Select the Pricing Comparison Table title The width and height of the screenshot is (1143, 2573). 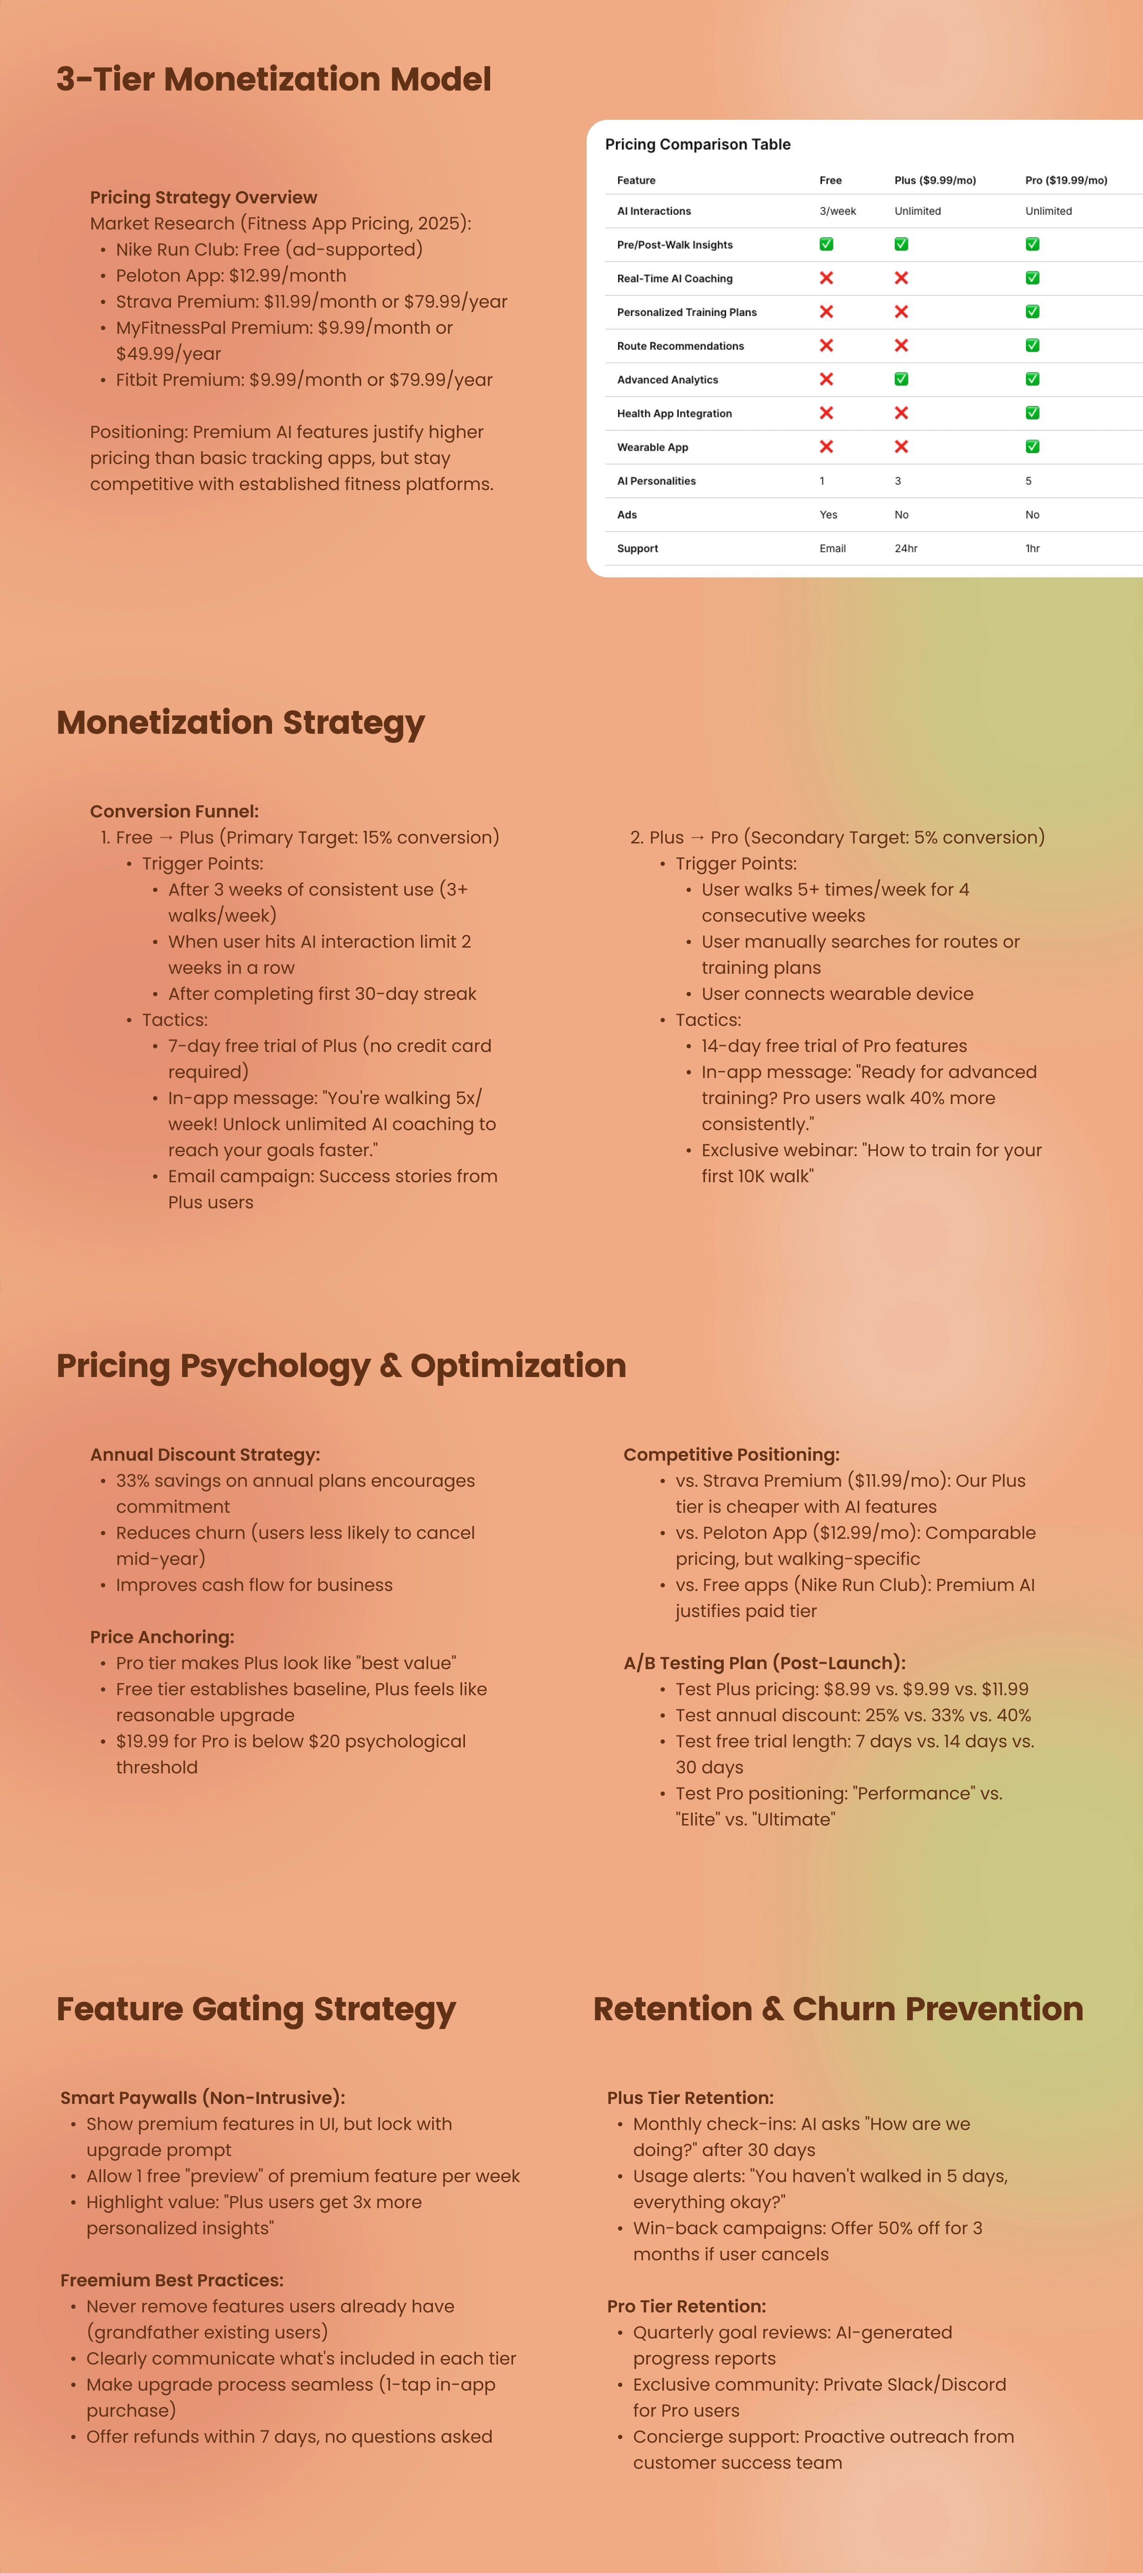pyautogui.click(x=697, y=145)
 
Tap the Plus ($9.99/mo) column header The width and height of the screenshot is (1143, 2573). pyautogui.click(x=934, y=181)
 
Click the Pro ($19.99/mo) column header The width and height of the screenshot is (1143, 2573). pyautogui.click(x=1065, y=181)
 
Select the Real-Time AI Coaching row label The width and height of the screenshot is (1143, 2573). pyautogui.click(x=674, y=279)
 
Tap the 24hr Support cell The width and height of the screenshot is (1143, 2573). pyautogui.click(x=905, y=548)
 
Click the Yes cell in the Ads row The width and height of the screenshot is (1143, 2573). pyautogui.click(x=828, y=514)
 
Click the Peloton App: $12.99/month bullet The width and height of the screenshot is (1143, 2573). pyautogui.click(x=231, y=276)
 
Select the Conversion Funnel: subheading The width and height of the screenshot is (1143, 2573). pyautogui.click(x=174, y=811)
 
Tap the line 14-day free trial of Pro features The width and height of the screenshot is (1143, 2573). pyautogui.click(x=833, y=1046)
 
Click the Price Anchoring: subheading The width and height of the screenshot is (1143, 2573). pyautogui.click(x=162, y=1637)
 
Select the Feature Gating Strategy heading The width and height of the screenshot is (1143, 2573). pyautogui.click(x=256, y=2009)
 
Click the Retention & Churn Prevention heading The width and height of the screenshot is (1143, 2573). pyautogui.click(x=837, y=2009)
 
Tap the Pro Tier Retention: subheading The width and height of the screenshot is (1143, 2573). pyautogui.click(x=685, y=2306)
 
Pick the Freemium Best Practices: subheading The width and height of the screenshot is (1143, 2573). pyautogui.click(x=172, y=2280)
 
